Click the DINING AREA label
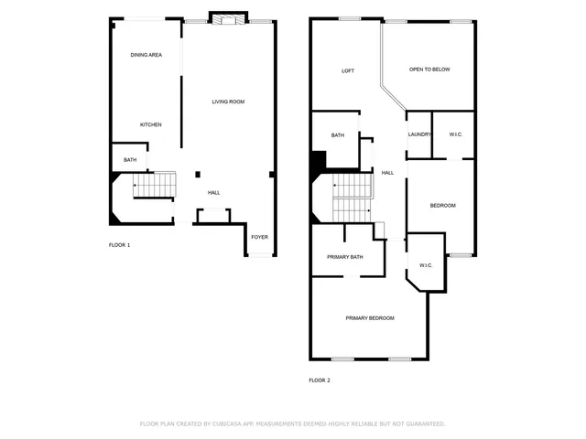146,55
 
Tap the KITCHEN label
151,124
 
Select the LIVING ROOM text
228,102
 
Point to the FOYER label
260,237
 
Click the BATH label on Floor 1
130,161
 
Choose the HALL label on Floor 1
213,192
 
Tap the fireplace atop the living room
228,18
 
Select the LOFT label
348,70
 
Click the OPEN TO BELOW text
429,70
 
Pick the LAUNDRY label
419,134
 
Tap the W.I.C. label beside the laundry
455,134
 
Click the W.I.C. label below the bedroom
426,265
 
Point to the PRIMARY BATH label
345,257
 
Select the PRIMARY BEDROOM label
370,317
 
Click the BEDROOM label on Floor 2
443,205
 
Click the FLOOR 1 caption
120,245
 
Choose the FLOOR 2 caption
320,380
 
